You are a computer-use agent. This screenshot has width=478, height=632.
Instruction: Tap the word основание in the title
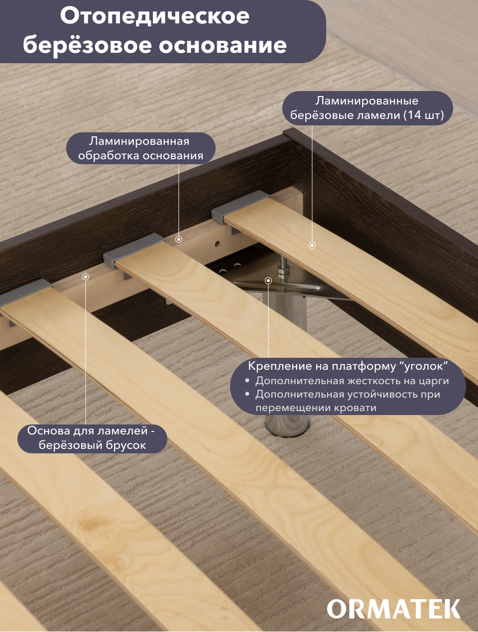pos(223,45)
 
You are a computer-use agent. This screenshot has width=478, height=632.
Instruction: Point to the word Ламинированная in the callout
pos(139,141)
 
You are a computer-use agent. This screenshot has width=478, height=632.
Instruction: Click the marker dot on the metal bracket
pos(268,281)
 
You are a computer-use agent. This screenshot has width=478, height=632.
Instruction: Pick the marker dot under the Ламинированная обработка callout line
pos(179,239)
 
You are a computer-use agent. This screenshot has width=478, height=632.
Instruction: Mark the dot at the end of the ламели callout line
pos(312,245)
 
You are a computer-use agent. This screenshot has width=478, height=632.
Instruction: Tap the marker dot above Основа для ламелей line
pos(86,277)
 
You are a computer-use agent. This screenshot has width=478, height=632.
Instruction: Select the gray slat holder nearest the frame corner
pos(240,208)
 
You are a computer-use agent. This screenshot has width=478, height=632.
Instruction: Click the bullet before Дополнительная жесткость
pos(247,381)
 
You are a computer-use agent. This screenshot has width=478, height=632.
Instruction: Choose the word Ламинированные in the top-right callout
pos(366,101)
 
